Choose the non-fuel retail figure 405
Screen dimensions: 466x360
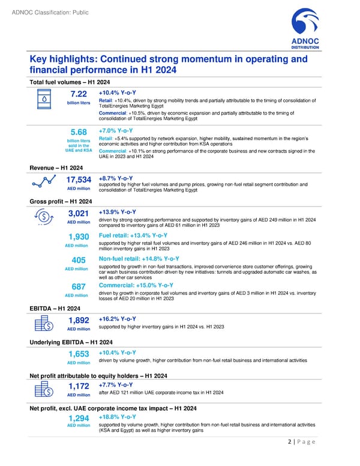(79, 260)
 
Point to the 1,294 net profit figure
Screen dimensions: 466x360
(79, 419)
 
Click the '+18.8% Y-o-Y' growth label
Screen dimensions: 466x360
(119, 416)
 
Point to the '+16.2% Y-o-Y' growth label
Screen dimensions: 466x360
(119, 318)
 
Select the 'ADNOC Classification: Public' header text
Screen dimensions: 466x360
(45, 7)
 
